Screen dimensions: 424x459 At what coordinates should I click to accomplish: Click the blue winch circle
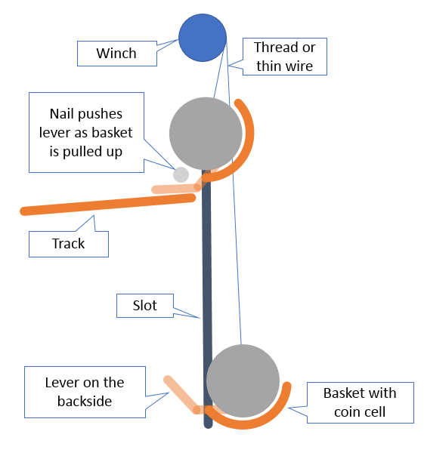(203, 38)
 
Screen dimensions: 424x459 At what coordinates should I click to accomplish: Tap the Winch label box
(117, 54)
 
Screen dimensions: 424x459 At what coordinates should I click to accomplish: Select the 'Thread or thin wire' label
(284, 57)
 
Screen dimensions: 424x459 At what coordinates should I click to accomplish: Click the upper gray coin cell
(206, 134)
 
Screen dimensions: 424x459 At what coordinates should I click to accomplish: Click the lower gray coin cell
(243, 380)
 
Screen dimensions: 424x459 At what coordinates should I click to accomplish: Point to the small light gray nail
(181, 174)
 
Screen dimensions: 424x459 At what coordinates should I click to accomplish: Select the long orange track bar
(107, 205)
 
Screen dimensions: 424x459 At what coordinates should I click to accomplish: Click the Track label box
(69, 244)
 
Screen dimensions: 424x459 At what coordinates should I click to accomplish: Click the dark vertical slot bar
(207, 299)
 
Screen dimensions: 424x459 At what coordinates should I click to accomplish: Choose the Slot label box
(145, 306)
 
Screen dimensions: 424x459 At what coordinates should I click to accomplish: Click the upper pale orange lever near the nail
(176, 189)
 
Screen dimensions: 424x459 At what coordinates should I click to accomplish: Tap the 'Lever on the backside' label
(85, 392)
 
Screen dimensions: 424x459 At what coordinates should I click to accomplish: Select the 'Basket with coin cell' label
(360, 402)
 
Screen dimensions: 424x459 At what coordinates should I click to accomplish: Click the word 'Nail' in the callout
(61, 114)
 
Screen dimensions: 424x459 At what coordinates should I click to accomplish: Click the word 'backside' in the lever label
(85, 402)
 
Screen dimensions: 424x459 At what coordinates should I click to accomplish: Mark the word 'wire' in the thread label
(299, 66)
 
